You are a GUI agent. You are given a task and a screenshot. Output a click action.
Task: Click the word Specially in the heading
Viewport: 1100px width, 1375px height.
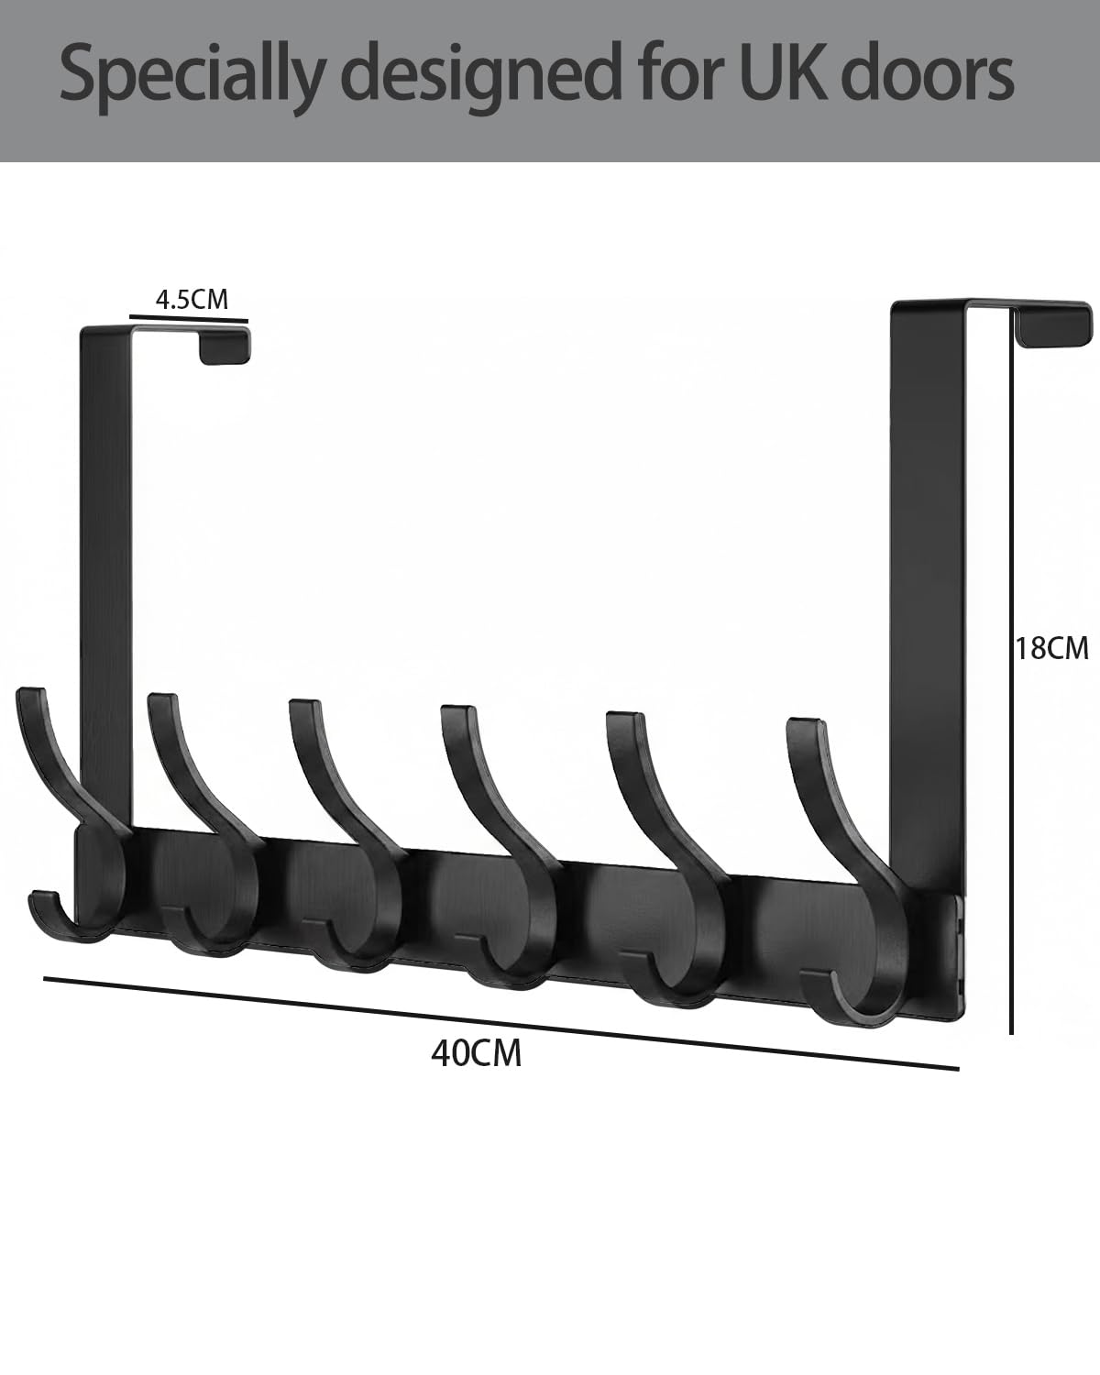(192, 77)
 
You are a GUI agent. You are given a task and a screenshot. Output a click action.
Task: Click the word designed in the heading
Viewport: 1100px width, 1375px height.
(487, 77)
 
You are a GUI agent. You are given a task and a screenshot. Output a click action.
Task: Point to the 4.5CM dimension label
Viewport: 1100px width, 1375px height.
(192, 299)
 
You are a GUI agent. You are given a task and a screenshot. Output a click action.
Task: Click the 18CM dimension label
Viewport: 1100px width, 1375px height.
(1052, 648)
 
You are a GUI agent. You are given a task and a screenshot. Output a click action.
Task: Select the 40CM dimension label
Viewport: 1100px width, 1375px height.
(476, 1053)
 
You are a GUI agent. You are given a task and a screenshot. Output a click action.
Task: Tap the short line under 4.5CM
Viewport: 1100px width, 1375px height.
(189, 318)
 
